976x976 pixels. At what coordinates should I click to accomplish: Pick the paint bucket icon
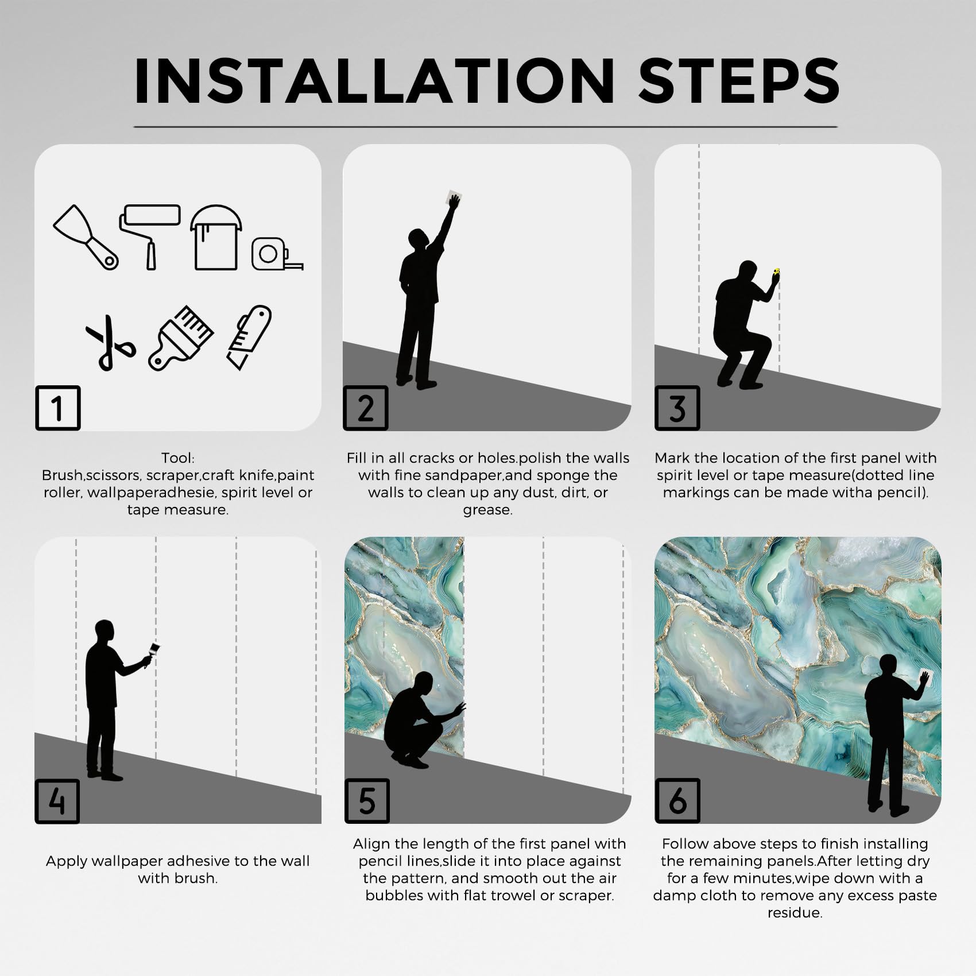216,237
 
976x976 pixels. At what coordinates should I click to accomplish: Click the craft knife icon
249,337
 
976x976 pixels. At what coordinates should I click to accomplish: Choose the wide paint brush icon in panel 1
181,338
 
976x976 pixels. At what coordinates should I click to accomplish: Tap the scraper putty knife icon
86,237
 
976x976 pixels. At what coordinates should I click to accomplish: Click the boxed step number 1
57,408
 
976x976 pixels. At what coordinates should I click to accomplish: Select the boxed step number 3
677,408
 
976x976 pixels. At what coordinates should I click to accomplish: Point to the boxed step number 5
367,801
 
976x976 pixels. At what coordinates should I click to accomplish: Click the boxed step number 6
677,801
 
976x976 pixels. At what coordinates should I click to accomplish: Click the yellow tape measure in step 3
777,271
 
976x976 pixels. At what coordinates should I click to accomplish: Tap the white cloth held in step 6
928,679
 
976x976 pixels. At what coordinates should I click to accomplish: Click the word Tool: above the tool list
178,458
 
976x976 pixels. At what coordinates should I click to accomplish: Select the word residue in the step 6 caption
795,912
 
